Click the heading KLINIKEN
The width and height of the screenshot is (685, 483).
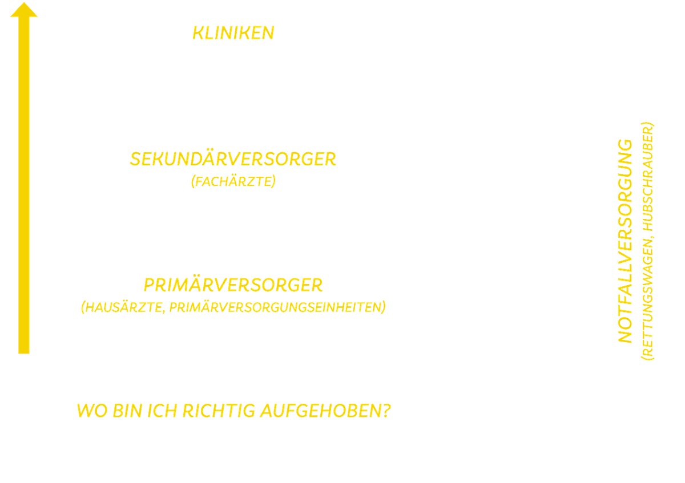pyautogui.click(x=233, y=33)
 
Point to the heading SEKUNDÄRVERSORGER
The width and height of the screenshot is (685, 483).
pyautogui.click(x=233, y=159)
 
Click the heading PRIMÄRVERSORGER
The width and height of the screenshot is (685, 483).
pyautogui.click(x=233, y=285)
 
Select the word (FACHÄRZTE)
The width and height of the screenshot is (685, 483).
pyautogui.click(x=233, y=182)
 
